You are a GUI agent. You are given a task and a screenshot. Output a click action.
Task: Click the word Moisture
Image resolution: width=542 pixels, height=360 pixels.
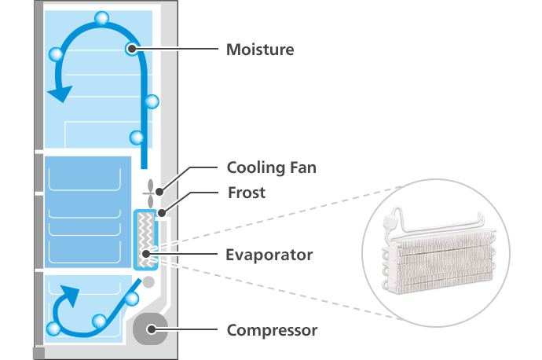tap(260, 50)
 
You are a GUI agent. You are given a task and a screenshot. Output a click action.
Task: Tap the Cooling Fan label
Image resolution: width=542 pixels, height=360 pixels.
tap(271, 167)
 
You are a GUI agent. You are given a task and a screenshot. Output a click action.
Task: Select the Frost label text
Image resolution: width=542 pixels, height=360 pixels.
tap(246, 192)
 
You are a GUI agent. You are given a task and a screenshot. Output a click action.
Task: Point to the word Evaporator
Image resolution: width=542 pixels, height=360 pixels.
tap(269, 255)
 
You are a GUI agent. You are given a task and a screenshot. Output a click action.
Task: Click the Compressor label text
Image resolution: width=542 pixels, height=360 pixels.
tap(272, 330)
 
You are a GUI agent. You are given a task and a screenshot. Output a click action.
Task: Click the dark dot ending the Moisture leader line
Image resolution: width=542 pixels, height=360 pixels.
tap(131, 50)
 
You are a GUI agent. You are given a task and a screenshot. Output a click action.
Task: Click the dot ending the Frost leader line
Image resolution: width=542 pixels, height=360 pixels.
tap(161, 211)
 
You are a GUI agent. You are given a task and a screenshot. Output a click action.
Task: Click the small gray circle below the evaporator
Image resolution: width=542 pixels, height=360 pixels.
tap(148, 281)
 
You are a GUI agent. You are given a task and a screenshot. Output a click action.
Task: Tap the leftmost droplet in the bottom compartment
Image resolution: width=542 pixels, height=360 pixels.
tap(54, 329)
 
